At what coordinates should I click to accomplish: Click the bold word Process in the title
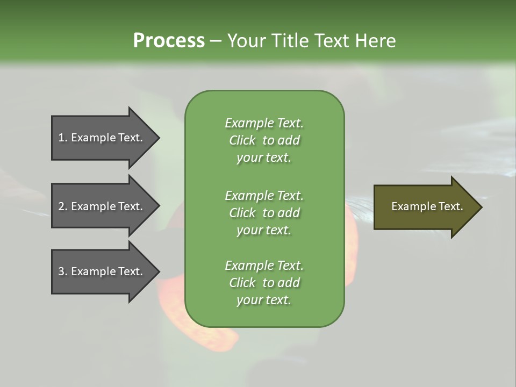pos(169,40)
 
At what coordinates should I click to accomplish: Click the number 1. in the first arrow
pos(63,138)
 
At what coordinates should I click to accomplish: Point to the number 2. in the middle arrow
pos(63,206)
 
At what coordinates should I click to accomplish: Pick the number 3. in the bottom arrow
pos(63,271)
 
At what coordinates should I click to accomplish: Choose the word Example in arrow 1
pos(92,138)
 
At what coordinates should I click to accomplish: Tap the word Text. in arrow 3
pos(130,271)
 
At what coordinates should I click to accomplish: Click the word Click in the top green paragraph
pos(242,140)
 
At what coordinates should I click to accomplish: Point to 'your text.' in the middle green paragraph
pos(264,230)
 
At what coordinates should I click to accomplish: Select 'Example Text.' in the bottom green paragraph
pos(264,266)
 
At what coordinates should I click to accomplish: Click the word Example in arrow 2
pos(92,206)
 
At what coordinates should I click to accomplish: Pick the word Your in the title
pos(245,40)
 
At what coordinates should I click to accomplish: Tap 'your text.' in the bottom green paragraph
pos(264,300)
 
